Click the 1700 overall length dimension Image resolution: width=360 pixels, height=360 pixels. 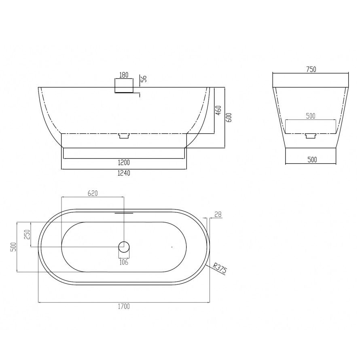click(124, 306)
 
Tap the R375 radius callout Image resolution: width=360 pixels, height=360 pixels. click(220, 268)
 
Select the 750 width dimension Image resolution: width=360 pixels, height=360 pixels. click(311, 69)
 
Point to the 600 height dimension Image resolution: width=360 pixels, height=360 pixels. click(229, 117)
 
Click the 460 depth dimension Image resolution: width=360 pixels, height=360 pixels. click(218, 110)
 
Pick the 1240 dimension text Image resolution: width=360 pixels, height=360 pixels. click(124, 173)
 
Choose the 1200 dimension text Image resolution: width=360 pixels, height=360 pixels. click(124, 163)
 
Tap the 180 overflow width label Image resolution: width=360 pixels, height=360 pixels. click(124, 75)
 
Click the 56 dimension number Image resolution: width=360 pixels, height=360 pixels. click(144, 79)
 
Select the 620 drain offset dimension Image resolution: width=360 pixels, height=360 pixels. click(93, 193)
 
